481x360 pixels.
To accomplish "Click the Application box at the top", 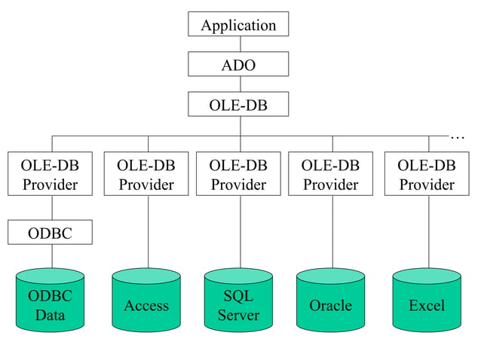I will point(238,24).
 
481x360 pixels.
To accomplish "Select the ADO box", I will point(238,65).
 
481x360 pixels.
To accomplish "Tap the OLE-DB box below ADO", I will point(238,104).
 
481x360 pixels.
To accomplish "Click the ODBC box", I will point(50,232).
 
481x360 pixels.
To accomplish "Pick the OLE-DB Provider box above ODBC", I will point(50,174).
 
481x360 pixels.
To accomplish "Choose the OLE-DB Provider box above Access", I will point(146,174).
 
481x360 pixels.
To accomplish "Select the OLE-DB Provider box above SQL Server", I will point(238,174).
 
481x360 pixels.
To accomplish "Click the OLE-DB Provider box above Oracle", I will point(330,174).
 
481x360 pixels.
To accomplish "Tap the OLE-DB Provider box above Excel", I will point(427,174).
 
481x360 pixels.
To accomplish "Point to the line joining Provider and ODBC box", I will point(51,208).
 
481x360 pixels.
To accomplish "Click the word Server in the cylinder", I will point(238,315).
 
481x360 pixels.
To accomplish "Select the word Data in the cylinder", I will point(50,315).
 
